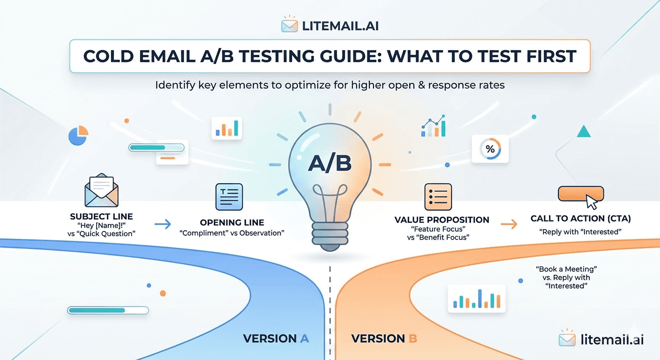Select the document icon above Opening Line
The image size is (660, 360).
pos(229,197)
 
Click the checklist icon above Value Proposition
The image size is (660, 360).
pos(438,197)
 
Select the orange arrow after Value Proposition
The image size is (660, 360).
pos(509,225)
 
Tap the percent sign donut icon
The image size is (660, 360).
pos(490,149)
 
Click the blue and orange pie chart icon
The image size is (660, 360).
pos(78,135)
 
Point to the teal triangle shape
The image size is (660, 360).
pos(584,131)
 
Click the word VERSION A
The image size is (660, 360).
pos(276,338)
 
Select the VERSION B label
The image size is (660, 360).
pos(384,338)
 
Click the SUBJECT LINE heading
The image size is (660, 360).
pos(101,217)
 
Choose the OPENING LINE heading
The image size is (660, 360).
pos(232,222)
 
